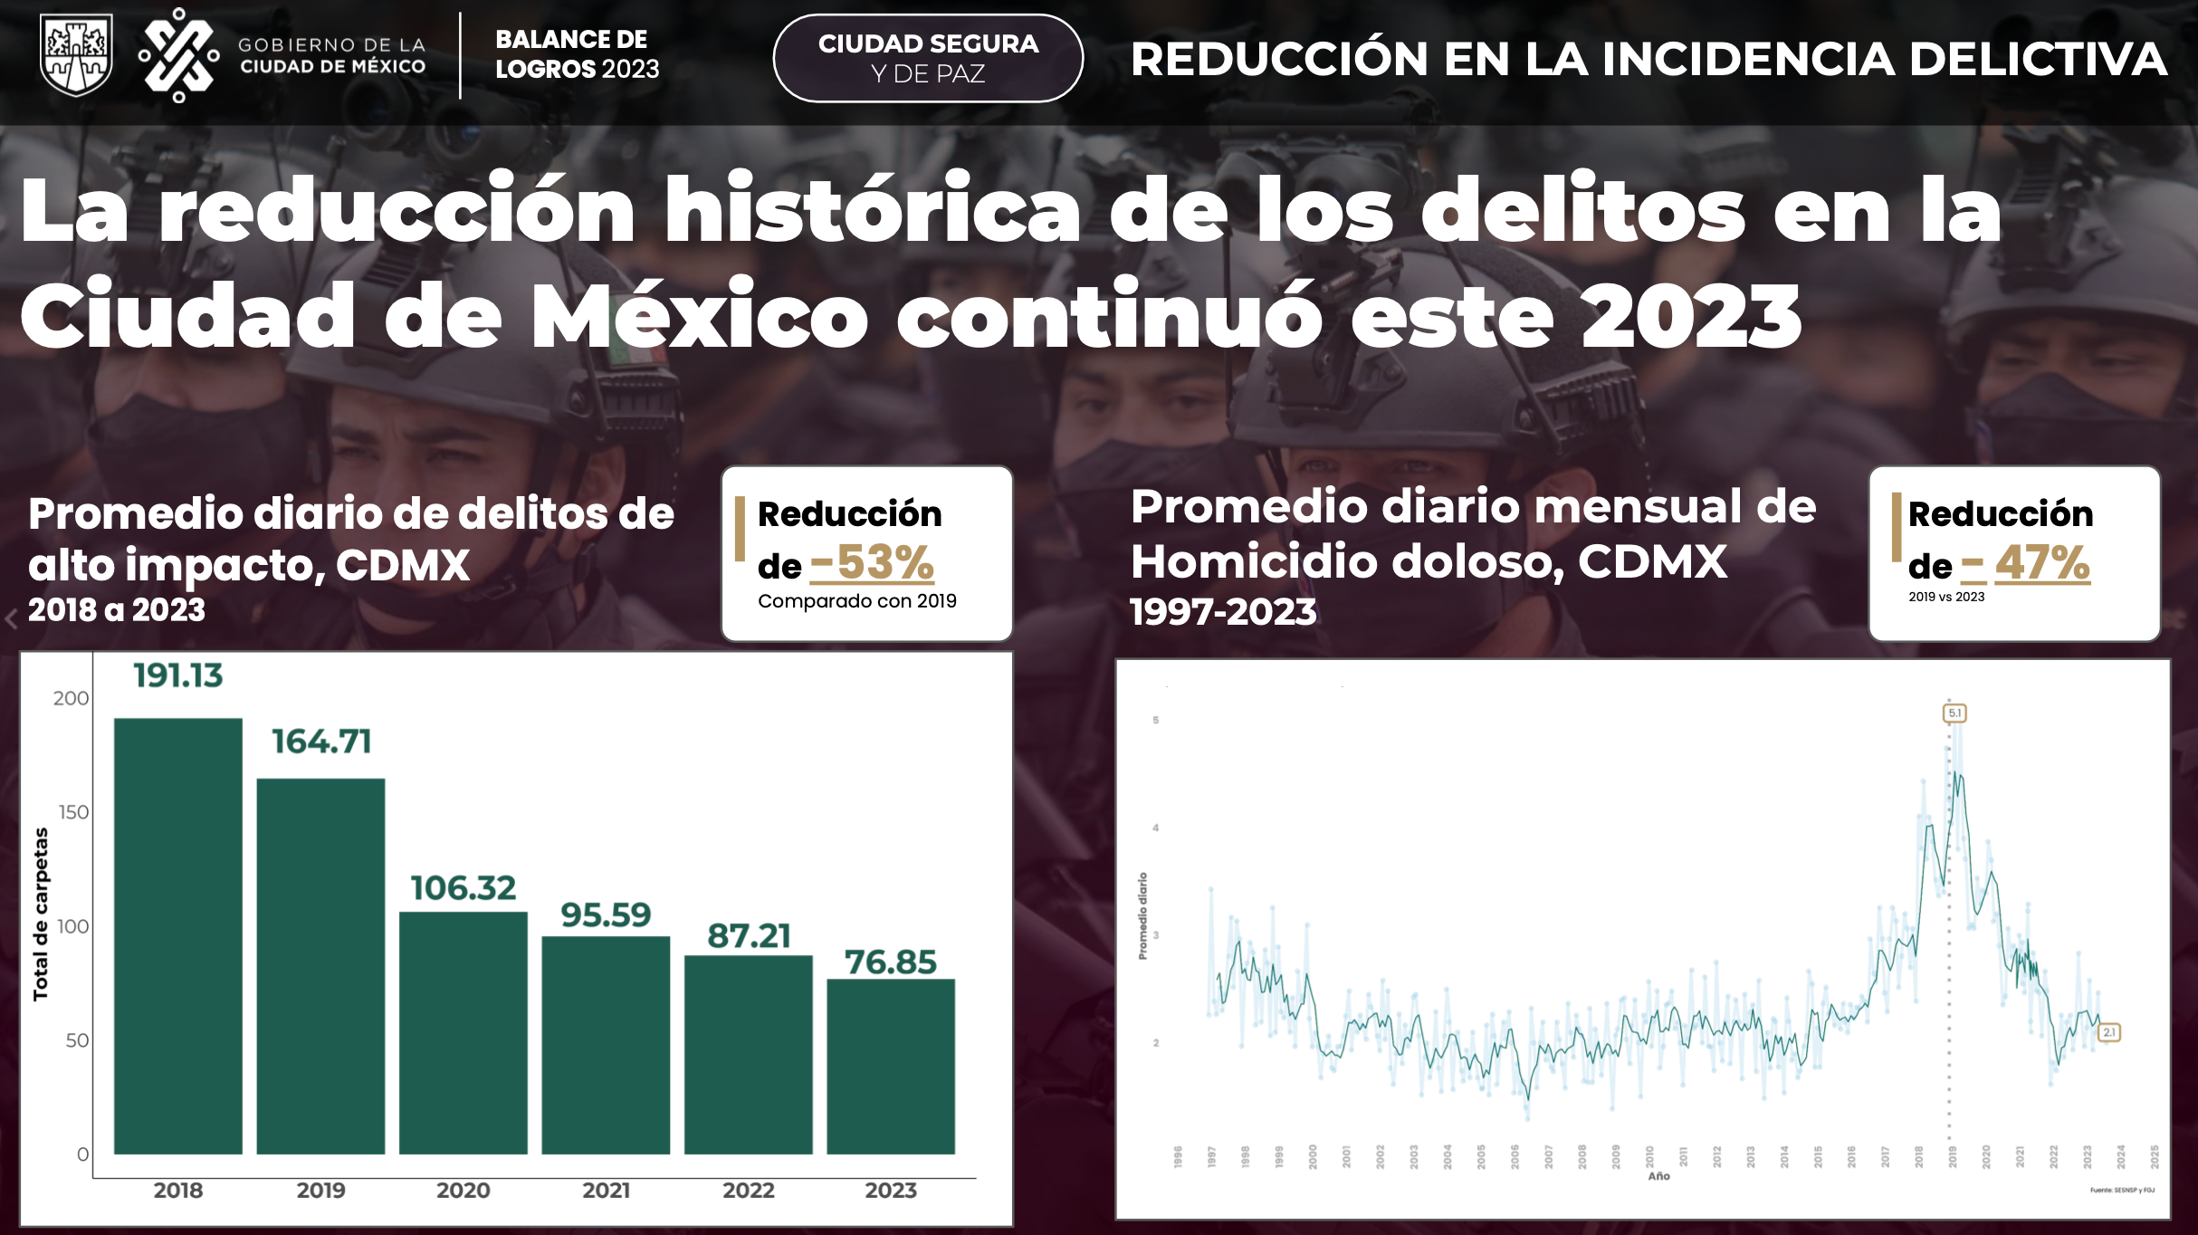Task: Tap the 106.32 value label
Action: [x=463, y=888]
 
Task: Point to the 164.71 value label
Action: [x=321, y=742]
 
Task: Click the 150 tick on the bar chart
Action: [x=74, y=812]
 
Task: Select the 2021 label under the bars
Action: [x=606, y=1190]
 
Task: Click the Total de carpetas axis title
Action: [x=41, y=914]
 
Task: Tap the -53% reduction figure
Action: [x=873, y=562]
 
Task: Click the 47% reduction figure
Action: [x=2042, y=562]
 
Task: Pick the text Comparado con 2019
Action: [x=856, y=601]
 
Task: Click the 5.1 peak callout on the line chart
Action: [x=1954, y=713]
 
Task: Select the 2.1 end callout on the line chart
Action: [x=2108, y=1032]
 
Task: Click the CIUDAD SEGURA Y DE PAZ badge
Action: [x=928, y=58]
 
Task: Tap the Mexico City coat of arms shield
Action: [x=77, y=54]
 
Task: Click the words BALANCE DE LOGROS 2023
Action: [x=577, y=54]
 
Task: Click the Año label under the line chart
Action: [x=1658, y=1176]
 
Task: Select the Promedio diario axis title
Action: [x=1142, y=915]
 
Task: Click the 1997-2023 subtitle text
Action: [x=1223, y=612]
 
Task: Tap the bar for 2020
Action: [x=463, y=1032]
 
